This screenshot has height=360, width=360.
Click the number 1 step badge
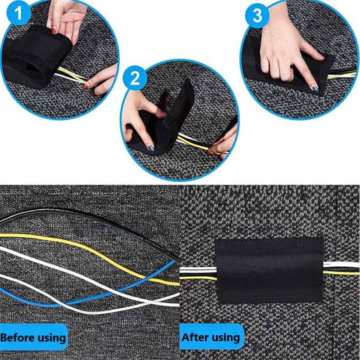18,13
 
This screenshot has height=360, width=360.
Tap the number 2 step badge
135,77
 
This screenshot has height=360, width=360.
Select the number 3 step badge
257,16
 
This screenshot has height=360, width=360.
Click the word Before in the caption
18,338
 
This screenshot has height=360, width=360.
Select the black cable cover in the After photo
269,270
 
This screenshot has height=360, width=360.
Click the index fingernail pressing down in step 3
315,88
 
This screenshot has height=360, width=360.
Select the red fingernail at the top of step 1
54,30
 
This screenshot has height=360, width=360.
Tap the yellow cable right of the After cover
342,273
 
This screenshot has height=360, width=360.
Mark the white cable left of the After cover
198,269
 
